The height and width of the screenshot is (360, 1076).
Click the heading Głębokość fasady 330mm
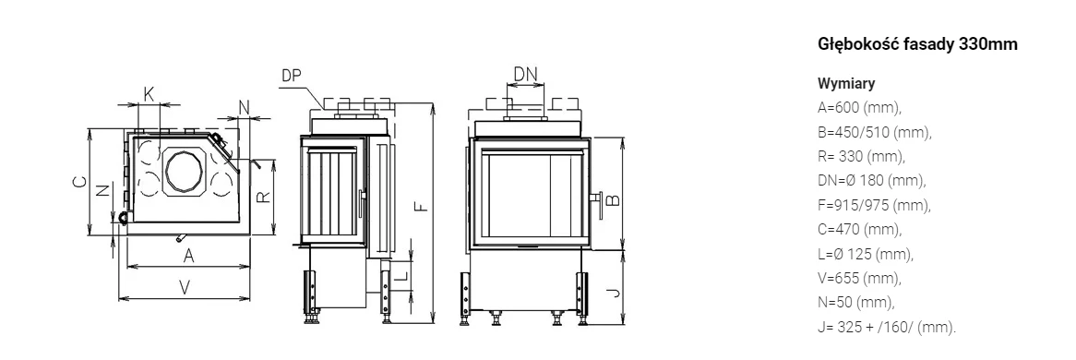(x=917, y=44)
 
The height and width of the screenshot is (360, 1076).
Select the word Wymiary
(x=846, y=84)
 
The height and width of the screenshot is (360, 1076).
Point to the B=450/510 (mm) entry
(x=874, y=133)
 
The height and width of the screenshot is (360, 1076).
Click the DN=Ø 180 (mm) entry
(x=871, y=181)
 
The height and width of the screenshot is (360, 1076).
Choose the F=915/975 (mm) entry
(x=874, y=206)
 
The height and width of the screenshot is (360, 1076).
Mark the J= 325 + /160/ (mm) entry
(x=887, y=327)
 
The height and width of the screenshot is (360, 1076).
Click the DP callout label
(x=292, y=76)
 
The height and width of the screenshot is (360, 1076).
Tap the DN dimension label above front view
(x=526, y=74)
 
